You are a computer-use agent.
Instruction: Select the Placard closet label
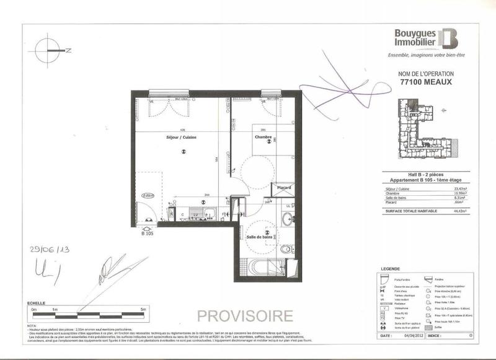point(284,188)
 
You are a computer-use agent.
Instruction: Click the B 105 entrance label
point(148,234)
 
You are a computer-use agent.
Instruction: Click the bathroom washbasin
point(286,219)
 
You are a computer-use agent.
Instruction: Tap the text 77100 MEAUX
point(424,82)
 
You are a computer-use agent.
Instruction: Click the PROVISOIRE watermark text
point(244,315)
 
